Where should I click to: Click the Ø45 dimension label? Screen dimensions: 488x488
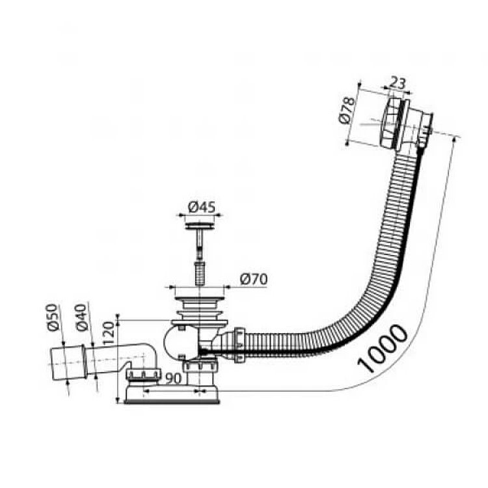(x=201, y=208)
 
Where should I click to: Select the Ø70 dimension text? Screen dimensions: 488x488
(x=254, y=279)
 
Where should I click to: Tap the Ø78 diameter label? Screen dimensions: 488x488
(x=347, y=111)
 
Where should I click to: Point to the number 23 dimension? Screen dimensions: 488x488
(x=398, y=83)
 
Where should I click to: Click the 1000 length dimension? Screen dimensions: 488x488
(x=383, y=348)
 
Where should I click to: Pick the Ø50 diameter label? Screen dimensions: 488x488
(x=52, y=318)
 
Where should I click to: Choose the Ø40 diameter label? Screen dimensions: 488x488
(x=81, y=318)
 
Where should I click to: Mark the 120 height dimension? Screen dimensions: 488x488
(x=109, y=333)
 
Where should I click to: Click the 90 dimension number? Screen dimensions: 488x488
(x=173, y=378)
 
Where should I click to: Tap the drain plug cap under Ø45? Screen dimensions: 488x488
(x=200, y=226)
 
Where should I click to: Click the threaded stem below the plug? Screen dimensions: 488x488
(x=199, y=273)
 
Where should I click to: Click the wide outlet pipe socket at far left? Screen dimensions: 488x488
(x=68, y=362)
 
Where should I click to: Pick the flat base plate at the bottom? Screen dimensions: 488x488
(x=172, y=395)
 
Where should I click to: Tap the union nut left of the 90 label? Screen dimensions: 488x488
(x=144, y=374)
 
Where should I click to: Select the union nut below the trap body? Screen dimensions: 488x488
(x=200, y=366)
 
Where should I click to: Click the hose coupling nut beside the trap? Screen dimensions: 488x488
(x=239, y=346)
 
